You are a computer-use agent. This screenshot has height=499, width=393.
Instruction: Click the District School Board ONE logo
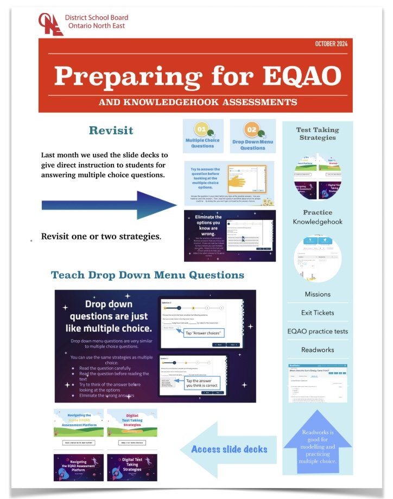click(50, 23)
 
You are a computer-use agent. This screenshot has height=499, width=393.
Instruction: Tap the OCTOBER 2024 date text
click(331, 44)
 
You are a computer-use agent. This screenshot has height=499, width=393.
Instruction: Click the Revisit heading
click(111, 131)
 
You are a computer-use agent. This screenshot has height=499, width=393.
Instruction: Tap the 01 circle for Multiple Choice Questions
click(201, 130)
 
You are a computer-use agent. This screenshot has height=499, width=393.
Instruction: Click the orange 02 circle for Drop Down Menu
click(252, 130)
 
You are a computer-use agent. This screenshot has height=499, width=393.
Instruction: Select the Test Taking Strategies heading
click(318, 133)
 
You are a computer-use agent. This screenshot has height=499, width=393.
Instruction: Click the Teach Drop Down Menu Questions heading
click(148, 275)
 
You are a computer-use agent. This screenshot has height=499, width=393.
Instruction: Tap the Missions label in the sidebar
click(318, 294)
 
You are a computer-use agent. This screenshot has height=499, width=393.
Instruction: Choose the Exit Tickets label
click(318, 313)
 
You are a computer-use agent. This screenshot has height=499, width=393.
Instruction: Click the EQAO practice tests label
click(318, 331)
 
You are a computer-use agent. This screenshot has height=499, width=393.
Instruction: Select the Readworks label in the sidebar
click(318, 349)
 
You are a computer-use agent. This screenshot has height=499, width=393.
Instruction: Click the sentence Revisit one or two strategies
click(101, 237)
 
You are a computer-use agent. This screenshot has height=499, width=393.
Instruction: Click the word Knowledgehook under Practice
click(318, 222)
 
